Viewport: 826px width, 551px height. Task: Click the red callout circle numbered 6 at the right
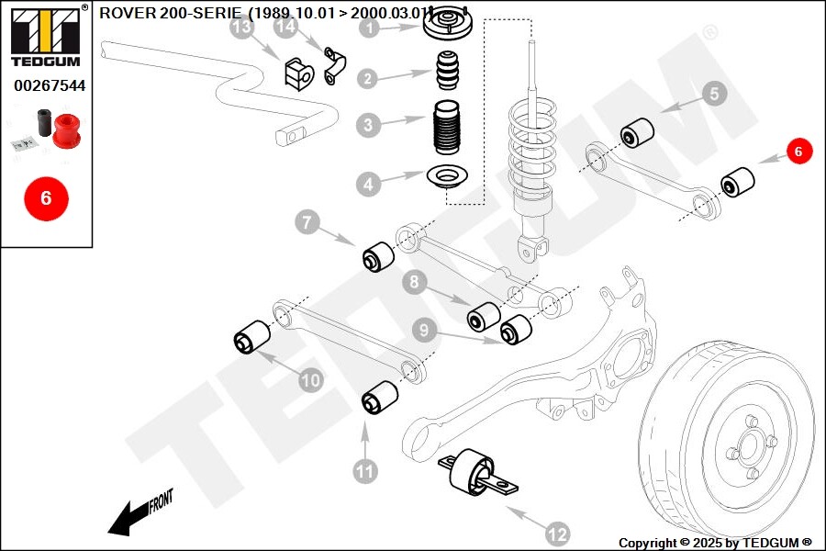pos(798,152)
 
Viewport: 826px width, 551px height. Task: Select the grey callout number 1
pos(369,28)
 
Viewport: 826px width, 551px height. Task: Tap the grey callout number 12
pos(557,533)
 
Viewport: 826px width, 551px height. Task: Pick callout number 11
pos(365,471)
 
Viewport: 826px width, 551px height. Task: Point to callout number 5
pos(715,92)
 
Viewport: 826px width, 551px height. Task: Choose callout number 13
pos(241,28)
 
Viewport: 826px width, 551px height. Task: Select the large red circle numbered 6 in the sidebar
pos(45,197)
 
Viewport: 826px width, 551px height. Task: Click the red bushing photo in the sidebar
pos(65,129)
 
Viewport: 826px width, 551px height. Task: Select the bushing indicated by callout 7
pos(378,256)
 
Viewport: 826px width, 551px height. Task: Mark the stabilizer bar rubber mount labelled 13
pos(298,73)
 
